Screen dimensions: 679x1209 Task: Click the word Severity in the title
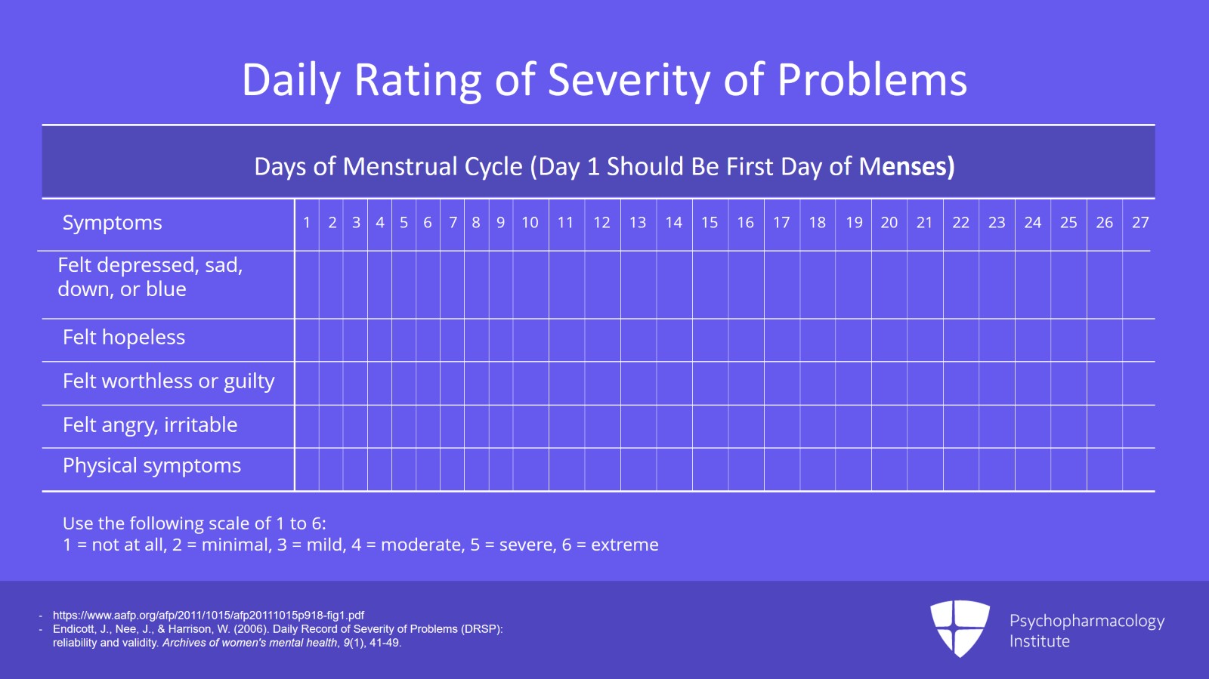[628, 80]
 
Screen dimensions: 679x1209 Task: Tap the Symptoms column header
[112, 223]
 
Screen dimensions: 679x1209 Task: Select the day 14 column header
[673, 223]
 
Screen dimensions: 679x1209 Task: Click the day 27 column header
[1139, 223]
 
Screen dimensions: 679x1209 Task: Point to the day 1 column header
[307, 223]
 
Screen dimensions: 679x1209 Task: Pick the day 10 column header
[530, 223]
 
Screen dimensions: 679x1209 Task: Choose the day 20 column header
[889, 223]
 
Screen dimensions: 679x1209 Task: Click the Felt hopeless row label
[124, 338]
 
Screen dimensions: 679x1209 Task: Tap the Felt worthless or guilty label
[169, 381]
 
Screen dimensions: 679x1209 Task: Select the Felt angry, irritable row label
[150, 425]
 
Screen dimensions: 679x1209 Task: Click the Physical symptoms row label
[152, 466]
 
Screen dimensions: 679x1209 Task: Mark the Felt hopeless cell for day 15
[710, 340]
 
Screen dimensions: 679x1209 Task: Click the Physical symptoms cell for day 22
[960, 470]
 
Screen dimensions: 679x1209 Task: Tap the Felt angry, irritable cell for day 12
[602, 427]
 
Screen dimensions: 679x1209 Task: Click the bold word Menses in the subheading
[906, 166]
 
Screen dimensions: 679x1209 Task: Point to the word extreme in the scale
[624, 545]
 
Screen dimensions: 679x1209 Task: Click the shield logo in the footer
[960, 628]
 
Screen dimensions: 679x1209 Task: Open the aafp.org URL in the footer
[208, 615]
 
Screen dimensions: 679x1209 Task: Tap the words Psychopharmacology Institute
[1086, 631]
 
